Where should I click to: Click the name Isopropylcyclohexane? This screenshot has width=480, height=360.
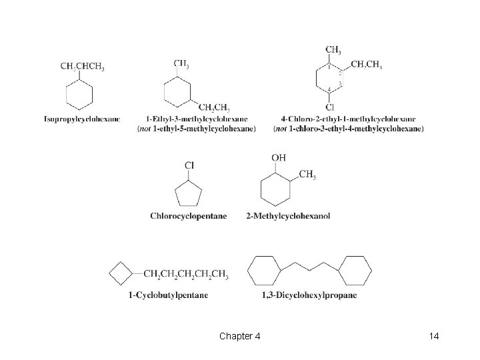coord(82,119)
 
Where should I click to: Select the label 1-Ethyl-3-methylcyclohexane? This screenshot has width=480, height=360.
coord(197,119)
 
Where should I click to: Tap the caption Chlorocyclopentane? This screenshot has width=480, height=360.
coord(189,216)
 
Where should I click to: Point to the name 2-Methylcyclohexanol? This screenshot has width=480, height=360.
coord(288,216)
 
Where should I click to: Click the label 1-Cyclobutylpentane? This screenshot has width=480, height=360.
coord(168,295)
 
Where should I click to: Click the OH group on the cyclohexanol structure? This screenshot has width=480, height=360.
coord(279,157)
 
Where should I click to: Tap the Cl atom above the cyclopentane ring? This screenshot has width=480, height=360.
coord(189,165)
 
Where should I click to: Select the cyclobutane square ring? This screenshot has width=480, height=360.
coord(120,273)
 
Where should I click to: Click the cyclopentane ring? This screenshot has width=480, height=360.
coord(188,195)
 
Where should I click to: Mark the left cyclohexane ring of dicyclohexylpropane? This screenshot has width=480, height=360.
coord(265,272)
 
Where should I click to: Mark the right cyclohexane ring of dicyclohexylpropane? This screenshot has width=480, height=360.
coord(355,272)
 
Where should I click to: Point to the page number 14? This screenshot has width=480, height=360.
coord(434,336)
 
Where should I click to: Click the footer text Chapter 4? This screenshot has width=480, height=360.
coord(239,336)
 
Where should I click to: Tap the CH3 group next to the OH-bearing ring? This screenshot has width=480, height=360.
coord(307,175)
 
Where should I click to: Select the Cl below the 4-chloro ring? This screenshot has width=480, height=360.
coord(330,107)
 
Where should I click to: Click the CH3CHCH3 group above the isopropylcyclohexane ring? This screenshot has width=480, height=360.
coord(82,67)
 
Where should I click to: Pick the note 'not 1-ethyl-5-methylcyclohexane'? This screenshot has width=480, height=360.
coord(196,129)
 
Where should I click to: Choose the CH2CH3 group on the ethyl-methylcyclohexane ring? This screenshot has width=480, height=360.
coord(215,107)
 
